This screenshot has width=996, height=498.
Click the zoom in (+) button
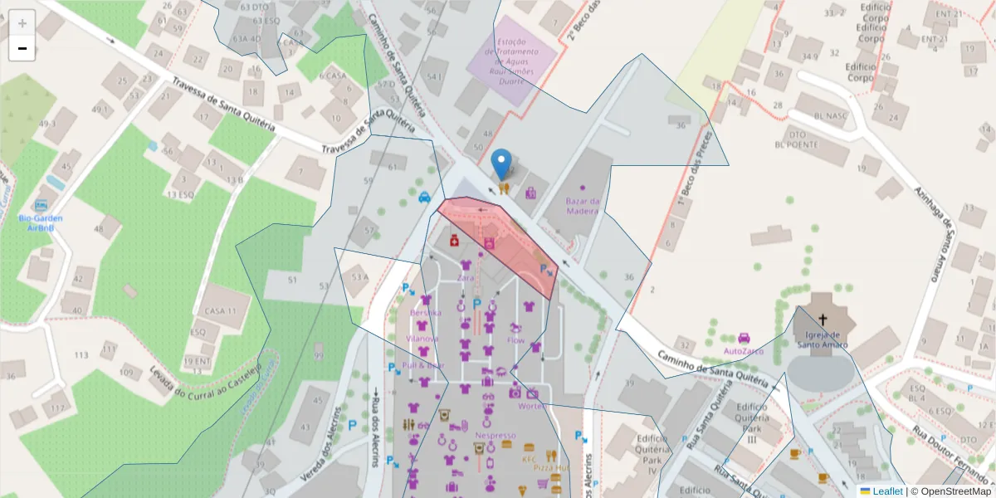tap(22, 22)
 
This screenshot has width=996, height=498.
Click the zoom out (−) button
tap(22, 48)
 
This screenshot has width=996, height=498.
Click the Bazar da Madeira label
tap(582, 206)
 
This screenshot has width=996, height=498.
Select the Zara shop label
tap(465, 277)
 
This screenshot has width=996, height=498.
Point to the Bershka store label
tap(425, 312)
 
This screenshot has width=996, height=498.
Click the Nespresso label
tap(495, 435)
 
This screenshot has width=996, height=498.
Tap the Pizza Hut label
tap(550, 467)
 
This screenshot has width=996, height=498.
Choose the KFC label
tap(530, 458)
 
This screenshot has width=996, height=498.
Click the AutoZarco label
tap(743, 351)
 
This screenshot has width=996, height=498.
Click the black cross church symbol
tap(823, 319)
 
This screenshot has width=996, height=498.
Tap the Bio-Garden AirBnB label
tap(41, 222)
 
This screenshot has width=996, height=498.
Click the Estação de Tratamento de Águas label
tap(522, 61)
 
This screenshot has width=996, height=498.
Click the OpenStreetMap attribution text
tap(955, 491)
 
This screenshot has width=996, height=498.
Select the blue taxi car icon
tap(424, 197)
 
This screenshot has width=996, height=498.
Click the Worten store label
tap(530, 406)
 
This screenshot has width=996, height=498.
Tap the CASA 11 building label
tap(215, 310)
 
